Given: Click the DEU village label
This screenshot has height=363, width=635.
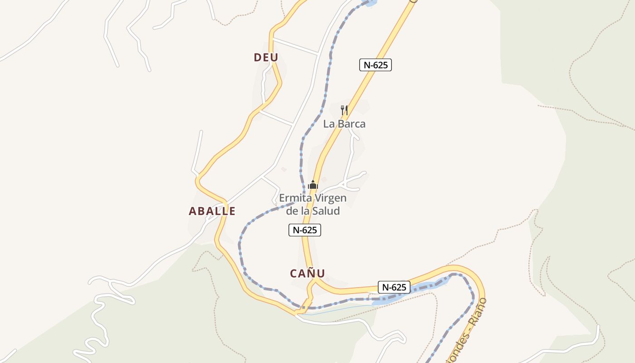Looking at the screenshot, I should click(266, 58).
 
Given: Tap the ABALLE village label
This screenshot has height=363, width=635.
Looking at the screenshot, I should click(212, 211).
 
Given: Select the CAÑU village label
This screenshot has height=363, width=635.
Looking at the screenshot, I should click(307, 273).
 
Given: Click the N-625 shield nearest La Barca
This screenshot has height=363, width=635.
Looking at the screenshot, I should click(376, 65).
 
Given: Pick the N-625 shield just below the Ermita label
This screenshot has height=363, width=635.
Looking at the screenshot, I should click(305, 230).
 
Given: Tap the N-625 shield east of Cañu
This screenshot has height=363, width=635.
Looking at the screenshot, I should click(394, 287).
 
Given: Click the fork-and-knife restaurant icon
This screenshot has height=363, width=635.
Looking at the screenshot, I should click(344, 110).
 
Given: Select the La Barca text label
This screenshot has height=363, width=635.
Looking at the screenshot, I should click(344, 124).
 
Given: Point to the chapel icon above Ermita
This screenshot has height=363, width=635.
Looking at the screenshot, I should click(313, 185).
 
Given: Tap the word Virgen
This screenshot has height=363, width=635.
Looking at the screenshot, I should click(329, 198).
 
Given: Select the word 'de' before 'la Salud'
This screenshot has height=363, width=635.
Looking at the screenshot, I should click(293, 211).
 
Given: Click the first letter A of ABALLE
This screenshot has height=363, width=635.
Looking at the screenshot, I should click(193, 211).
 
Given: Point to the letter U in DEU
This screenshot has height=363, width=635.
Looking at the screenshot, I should click(274, 58).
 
